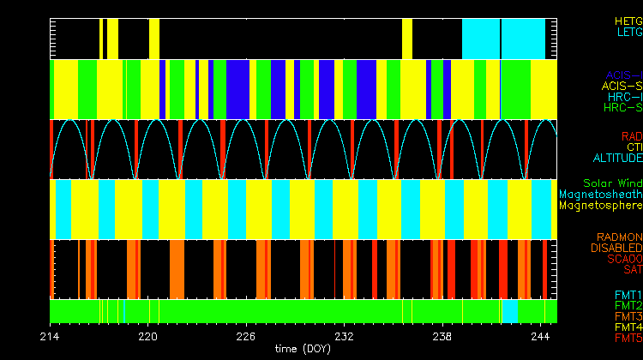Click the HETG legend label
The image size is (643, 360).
point(628,21)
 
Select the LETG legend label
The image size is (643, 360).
point(628,33)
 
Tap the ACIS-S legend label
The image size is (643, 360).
point(622,87)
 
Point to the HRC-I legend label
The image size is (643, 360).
point(625,98)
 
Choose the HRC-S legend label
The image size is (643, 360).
point(622,109)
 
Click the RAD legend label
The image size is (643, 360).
point(631,136)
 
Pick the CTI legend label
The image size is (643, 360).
point(634,147)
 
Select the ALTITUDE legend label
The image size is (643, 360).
point(617,159)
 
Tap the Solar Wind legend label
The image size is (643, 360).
point(612,183)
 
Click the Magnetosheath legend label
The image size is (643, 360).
point(600,195)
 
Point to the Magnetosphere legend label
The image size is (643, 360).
point(600,206)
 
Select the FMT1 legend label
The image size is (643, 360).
point(628,295)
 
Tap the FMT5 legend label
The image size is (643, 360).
point(628,339)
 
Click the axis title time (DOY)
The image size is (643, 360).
point(303,350)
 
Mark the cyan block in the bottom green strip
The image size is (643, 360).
point(509,310)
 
